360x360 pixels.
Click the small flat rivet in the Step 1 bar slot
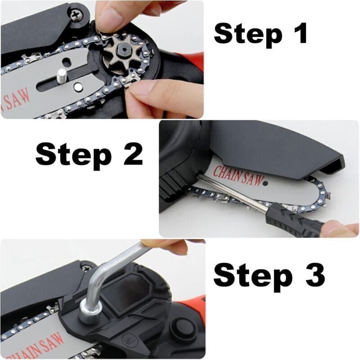[x=79, y=87]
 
